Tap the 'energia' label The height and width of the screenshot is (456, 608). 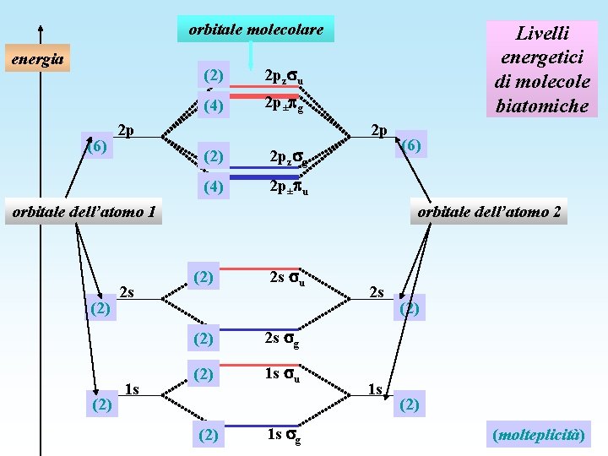(36, 59)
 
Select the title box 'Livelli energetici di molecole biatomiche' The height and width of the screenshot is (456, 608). (543, 69)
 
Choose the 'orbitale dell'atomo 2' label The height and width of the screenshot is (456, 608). (489, 211)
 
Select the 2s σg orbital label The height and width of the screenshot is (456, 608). (282, 339)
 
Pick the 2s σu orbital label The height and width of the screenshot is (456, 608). (286, 278)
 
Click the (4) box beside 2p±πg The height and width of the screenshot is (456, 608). (214, 106)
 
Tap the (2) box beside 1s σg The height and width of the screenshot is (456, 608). (210, 436)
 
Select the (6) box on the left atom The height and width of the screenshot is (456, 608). (97, 145)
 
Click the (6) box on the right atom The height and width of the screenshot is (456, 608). (411, 145)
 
